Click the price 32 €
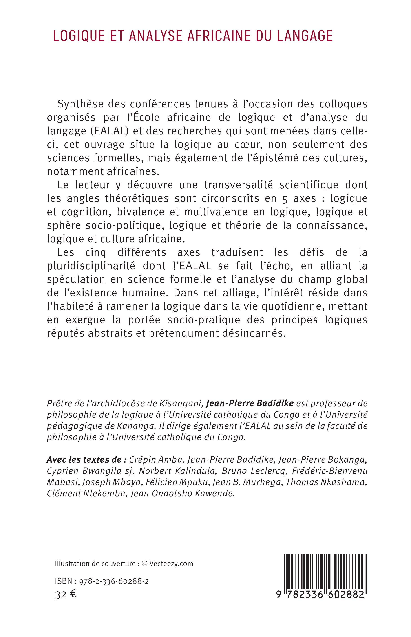(66, 595)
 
